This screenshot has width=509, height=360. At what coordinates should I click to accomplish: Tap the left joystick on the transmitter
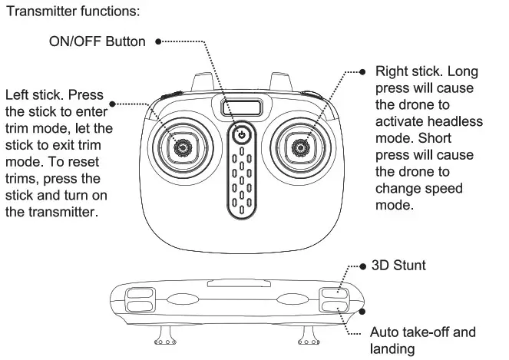coord(182,146)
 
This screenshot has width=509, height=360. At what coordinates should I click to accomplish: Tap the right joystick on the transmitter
coord(301,146)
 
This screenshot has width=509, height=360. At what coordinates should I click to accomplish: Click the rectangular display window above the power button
coord(241,107)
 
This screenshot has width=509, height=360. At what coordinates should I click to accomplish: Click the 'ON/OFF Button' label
coord(98,41)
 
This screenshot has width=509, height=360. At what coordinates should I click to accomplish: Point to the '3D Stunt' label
coord(398,266)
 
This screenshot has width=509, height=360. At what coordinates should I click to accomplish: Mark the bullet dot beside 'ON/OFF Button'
coord(157,41)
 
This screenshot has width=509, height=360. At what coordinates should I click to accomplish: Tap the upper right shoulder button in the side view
coord(334,292)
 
